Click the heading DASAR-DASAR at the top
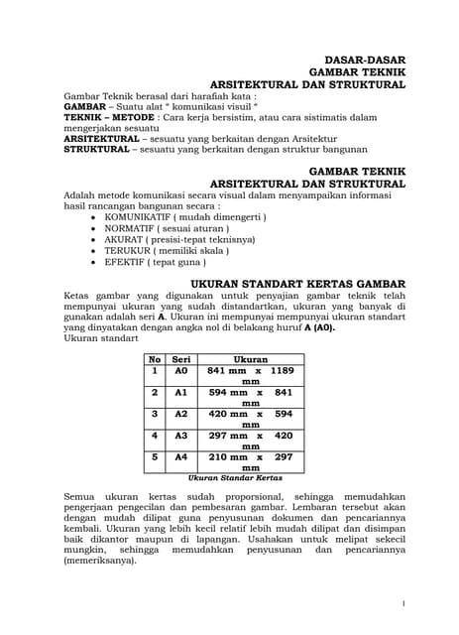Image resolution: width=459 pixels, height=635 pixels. coord(366,60)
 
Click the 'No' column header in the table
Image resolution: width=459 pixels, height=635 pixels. coord(155,359)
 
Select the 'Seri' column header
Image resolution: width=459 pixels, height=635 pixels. coord(181,359)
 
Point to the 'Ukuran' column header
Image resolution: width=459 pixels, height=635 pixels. coord(251,359)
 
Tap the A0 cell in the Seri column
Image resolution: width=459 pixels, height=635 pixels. coord(181,370)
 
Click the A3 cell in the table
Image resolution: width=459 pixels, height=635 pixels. coord(181,436)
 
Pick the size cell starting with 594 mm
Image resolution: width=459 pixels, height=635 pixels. coord(251,397)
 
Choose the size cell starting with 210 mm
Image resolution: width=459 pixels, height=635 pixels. coord(251,462)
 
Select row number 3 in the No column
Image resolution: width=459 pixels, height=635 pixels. coord(155,414)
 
